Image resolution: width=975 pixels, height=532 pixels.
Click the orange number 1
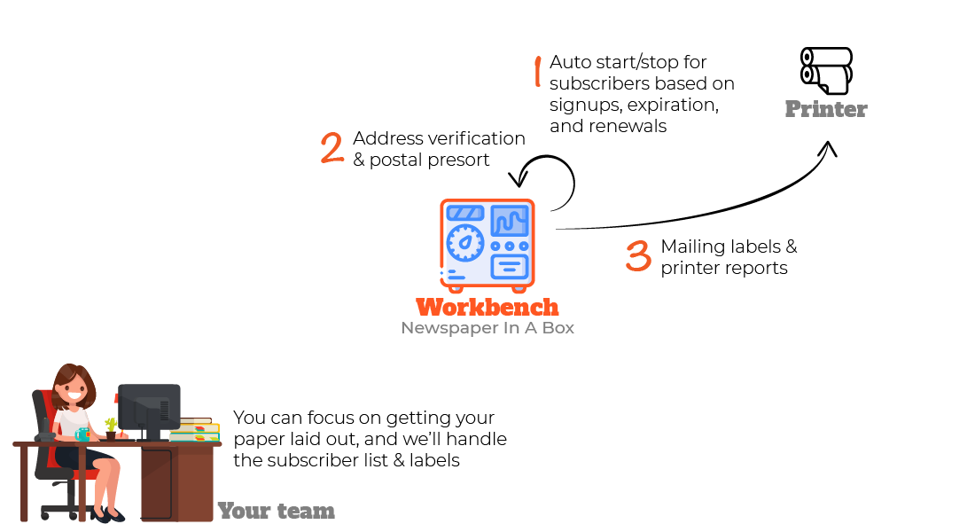(x=537, y=72)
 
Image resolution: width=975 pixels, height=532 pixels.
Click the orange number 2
(x=332, y=148)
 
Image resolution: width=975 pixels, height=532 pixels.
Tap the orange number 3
(x=638, y=255)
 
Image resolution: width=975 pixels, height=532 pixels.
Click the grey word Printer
(x=825, y=110)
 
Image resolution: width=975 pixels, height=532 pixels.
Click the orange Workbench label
(x=487, y=308)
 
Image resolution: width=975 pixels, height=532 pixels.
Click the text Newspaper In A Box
(x=487, y=328)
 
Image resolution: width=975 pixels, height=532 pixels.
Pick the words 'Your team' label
(x=276, y=511)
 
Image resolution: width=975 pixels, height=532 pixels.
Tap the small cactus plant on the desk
(x=111, y=427)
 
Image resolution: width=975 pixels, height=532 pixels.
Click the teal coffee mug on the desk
(x=82, y=434)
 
